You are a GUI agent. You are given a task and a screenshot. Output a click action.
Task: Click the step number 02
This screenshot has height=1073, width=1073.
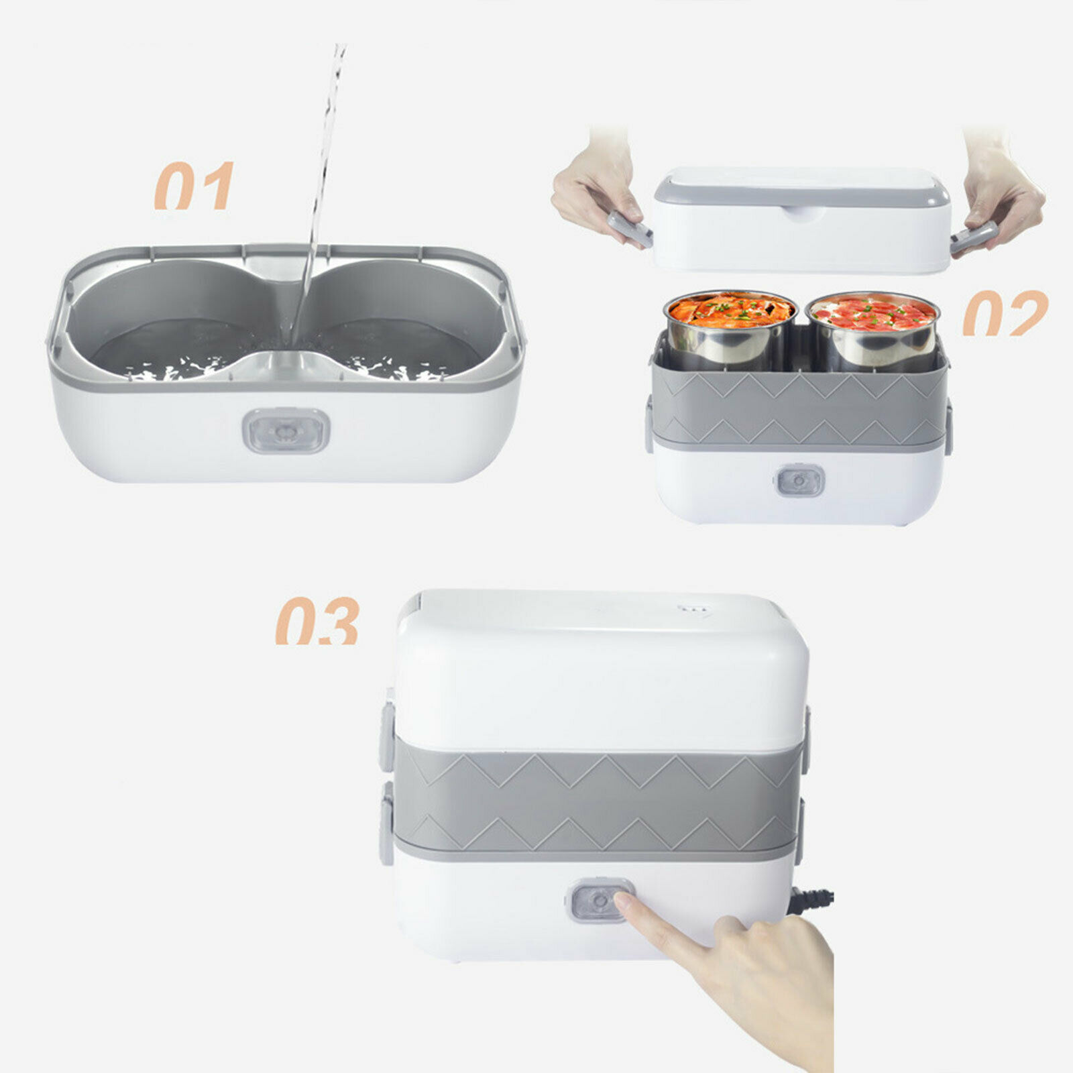(x=1005, y=313)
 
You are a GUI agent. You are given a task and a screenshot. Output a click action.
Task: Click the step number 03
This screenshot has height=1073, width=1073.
(x=317, y=622)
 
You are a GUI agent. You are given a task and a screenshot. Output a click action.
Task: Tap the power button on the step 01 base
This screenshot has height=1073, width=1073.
(x=288, y=431)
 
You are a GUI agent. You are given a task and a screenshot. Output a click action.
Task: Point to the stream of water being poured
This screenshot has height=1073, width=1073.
(x=322, y=168)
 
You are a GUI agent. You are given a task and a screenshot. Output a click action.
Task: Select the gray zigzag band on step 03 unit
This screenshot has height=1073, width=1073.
(x=597, y=798)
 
